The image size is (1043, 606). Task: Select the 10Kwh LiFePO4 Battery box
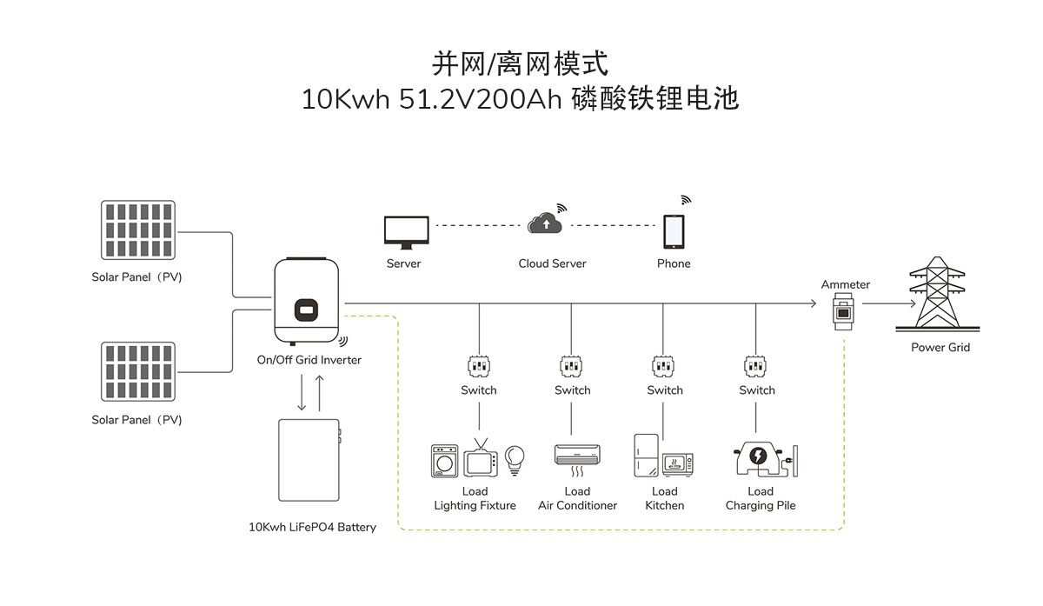(x=308, y=461)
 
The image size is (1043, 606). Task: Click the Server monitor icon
(x=405, y=231)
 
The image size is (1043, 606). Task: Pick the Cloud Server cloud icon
(x=545, y=223)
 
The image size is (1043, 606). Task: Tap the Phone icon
(x=674, y=231)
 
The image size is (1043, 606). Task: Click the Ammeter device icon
(x=842, y=310)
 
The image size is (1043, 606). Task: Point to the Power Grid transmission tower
(x=939, y=293)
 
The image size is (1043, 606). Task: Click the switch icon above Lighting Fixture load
(x=479, y=365)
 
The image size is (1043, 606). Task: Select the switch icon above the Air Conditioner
(x=571, y=365)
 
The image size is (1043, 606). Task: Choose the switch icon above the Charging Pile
(x=755, y=365)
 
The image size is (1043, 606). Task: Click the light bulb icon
(x=515, y=457)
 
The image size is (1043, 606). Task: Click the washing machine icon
(x=446, y=461)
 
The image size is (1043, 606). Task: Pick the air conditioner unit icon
(x=576, y=455)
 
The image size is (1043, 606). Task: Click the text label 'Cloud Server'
(x=552, y=263)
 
